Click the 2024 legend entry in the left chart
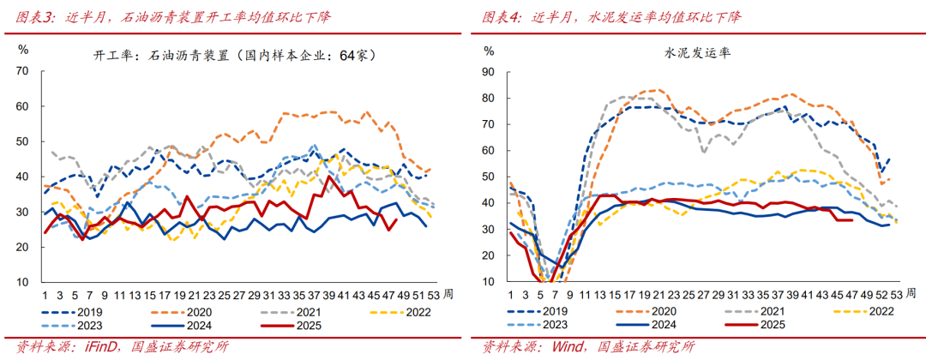click(x=193, y=325)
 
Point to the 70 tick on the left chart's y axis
click(x=23, y=70)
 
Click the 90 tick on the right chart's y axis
click(x=489, y=72)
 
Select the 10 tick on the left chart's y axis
click(x=23, y=282)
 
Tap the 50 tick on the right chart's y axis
click(x=489, y=177)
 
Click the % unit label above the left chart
click(x=24, y=49)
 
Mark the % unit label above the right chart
click(x=489, y=51)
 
